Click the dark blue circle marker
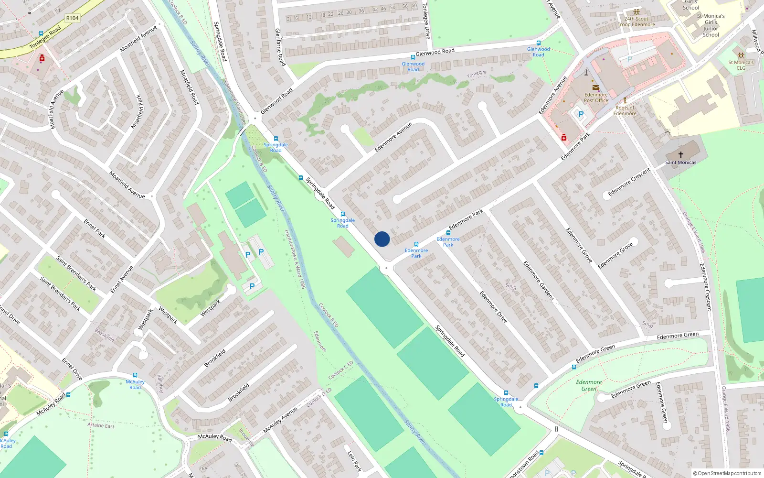(382, 239)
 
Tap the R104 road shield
(73, 18)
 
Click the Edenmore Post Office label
(596, 98)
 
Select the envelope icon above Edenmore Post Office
(596, 87)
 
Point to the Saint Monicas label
(680, 163)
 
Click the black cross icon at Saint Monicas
(681, 154)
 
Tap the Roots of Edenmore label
(625, 110)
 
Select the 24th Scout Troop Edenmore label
(636, 22)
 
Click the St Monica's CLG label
(741, 65)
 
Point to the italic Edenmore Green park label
(589, 385)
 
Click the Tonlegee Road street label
(45, 37)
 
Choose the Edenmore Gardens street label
(538, 281)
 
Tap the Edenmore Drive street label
(493, 307)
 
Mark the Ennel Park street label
(95, 228)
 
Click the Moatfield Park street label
(138, 112)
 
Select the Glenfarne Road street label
(280, 47)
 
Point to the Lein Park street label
(354, 461)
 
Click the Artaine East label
(101, 425)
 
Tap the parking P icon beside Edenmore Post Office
(581, 114)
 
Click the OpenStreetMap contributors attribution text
(727, 473)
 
